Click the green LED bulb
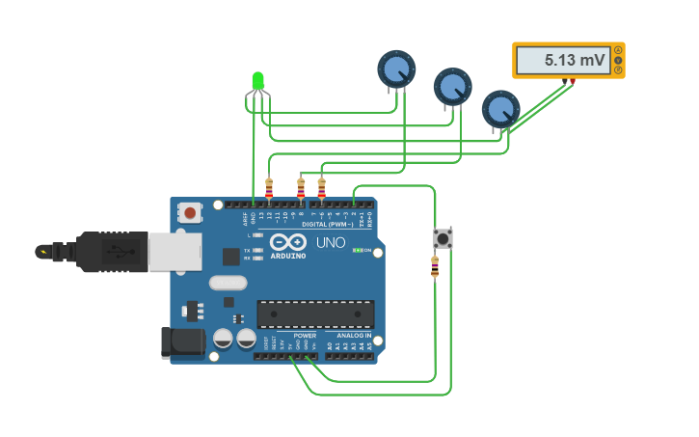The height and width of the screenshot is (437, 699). point(257,81)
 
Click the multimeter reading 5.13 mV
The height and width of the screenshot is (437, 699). point(568,60)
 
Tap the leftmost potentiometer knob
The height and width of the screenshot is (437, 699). point(395,68)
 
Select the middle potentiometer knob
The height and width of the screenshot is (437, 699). point(452,86)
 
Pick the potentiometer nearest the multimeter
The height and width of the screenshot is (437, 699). point(500,109)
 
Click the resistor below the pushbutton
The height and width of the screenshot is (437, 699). point(435,266)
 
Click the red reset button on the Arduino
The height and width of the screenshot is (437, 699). point(190,212)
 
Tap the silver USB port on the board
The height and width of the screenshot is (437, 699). point(175,251)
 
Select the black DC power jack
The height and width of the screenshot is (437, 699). point(182,341)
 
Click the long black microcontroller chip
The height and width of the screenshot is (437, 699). point(315,314)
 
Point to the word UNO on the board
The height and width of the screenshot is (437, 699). point(331,242)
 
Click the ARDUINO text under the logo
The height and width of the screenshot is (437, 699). point(288,256)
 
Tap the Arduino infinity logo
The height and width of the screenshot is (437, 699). point(288,241)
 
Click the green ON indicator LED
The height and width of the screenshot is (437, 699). point(356,250)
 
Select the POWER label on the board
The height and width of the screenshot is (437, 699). point(305,336)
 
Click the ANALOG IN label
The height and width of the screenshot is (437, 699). point(354,336)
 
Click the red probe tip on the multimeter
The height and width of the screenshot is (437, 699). point(572,81)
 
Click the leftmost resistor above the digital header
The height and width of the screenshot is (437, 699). point(269,187)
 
